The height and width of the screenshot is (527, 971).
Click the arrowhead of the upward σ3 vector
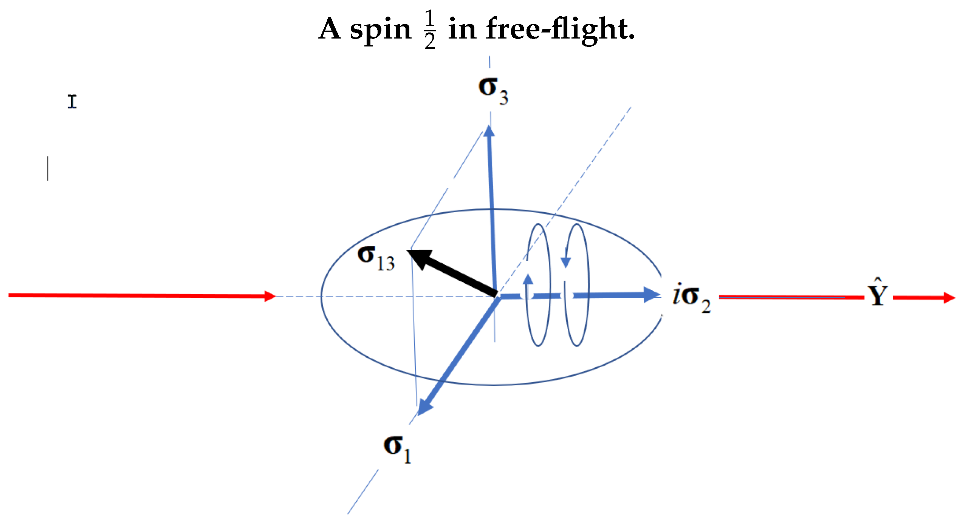coord(489,131)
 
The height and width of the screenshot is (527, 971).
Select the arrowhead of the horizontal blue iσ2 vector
coord(651,295)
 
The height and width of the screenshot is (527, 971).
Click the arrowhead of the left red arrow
coord(270,296)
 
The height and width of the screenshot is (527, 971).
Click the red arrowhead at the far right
coord(949,298)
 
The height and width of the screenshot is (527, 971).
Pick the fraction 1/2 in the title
coord(430,29)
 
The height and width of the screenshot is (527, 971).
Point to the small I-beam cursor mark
coord(72,102)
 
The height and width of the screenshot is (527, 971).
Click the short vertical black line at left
coord(48,168)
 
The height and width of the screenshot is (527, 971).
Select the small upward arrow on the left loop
coord(528,280)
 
